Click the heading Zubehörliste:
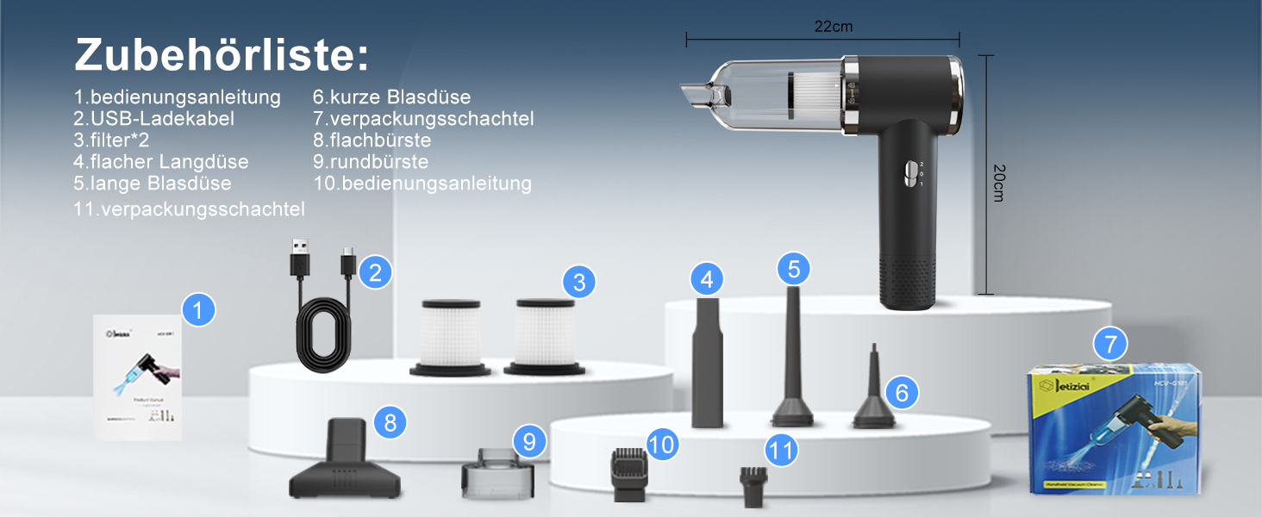point(221,55)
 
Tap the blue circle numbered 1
point(199,309)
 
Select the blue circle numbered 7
point(1109,345)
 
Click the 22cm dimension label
point(833,27)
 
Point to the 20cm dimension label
point(999,183)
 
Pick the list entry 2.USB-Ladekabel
point(153,119)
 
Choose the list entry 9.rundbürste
point(371,162)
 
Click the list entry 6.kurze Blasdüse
point(391,97)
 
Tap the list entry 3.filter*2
point(117,140)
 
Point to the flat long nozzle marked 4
point(707,362)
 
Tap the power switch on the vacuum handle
point(907,171)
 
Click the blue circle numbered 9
point(529,442)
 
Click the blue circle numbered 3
point(579,282)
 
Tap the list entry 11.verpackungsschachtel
point(190,209)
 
